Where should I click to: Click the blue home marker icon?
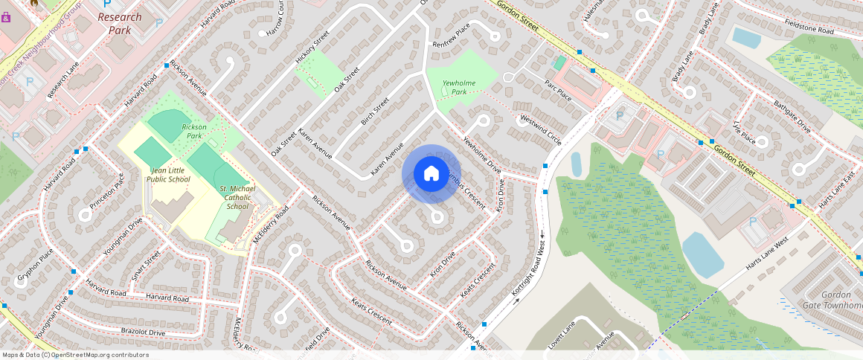pos(431,174)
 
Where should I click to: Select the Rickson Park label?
pos(194,132)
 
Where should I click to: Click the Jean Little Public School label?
pos(168,174)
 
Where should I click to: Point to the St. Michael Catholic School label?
pos(237,197)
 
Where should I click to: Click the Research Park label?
pos(119,23)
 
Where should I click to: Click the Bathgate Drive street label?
pos(792,115)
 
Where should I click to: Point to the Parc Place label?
pos(558,90)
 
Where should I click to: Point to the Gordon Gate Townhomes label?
pos(832,300)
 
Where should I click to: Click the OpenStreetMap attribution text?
pos(74,355)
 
